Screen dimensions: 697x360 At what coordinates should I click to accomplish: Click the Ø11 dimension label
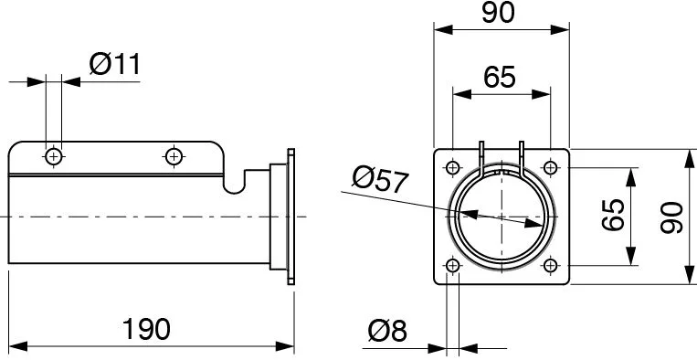(x=115, y=65)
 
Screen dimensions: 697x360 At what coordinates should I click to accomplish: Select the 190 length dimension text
(x=146, y=329)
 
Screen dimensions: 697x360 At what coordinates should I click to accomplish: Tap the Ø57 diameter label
(x=380, y=180)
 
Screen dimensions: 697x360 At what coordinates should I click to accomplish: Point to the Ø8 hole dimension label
(x=387, y=331)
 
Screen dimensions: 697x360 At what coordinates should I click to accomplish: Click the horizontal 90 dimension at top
(x=498, y=13)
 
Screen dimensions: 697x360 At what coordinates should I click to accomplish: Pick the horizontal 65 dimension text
(x=500, y=77)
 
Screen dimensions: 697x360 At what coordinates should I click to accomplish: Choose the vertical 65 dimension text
(x=614, y=215)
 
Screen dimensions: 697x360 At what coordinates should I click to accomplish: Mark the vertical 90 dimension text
(x=671, y=217)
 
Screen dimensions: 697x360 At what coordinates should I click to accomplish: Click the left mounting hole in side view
(x=54, y=156)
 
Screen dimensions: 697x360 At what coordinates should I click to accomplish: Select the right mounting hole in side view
(x=174, y=156)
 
